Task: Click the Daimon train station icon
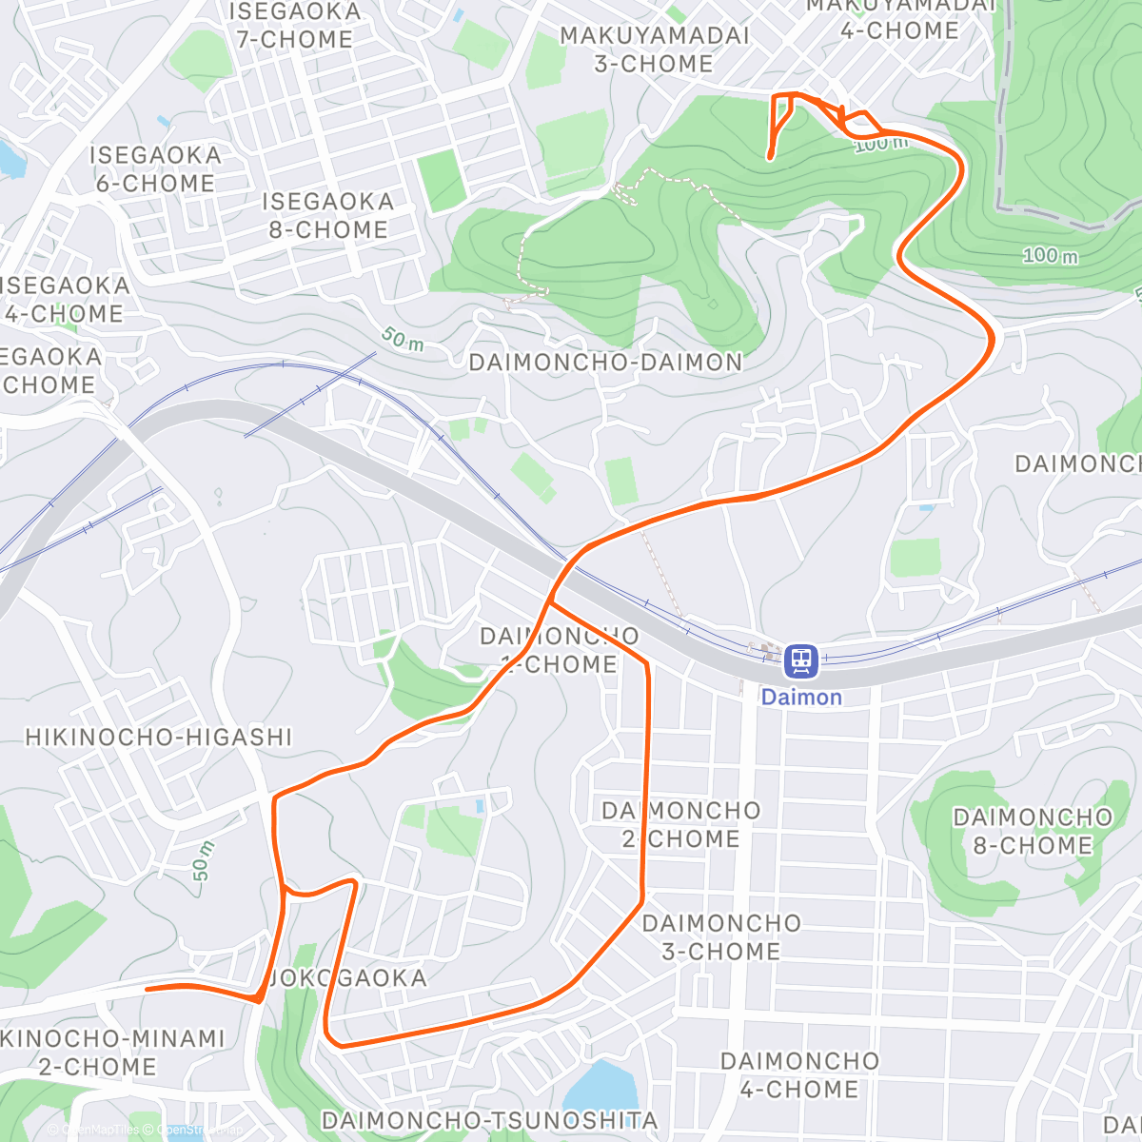point(800,660)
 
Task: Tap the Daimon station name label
point(801,698)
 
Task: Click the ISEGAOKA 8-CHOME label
point(327,216)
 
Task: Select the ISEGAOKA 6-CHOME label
point(154,169)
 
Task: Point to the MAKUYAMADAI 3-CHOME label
point(654,49)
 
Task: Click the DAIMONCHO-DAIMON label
point(605,363)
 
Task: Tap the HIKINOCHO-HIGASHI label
point(159,738)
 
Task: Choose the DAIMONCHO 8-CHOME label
point(1033,832)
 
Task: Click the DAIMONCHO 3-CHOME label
point(721,937)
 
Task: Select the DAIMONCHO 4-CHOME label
point(799,1075)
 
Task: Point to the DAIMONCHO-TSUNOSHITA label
point(489,1121)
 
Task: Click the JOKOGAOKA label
point(348,978)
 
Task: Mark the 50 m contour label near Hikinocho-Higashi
point(203,861)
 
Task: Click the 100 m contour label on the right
point(1050,255)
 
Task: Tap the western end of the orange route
point(147,989)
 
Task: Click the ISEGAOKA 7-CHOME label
point(294,26)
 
